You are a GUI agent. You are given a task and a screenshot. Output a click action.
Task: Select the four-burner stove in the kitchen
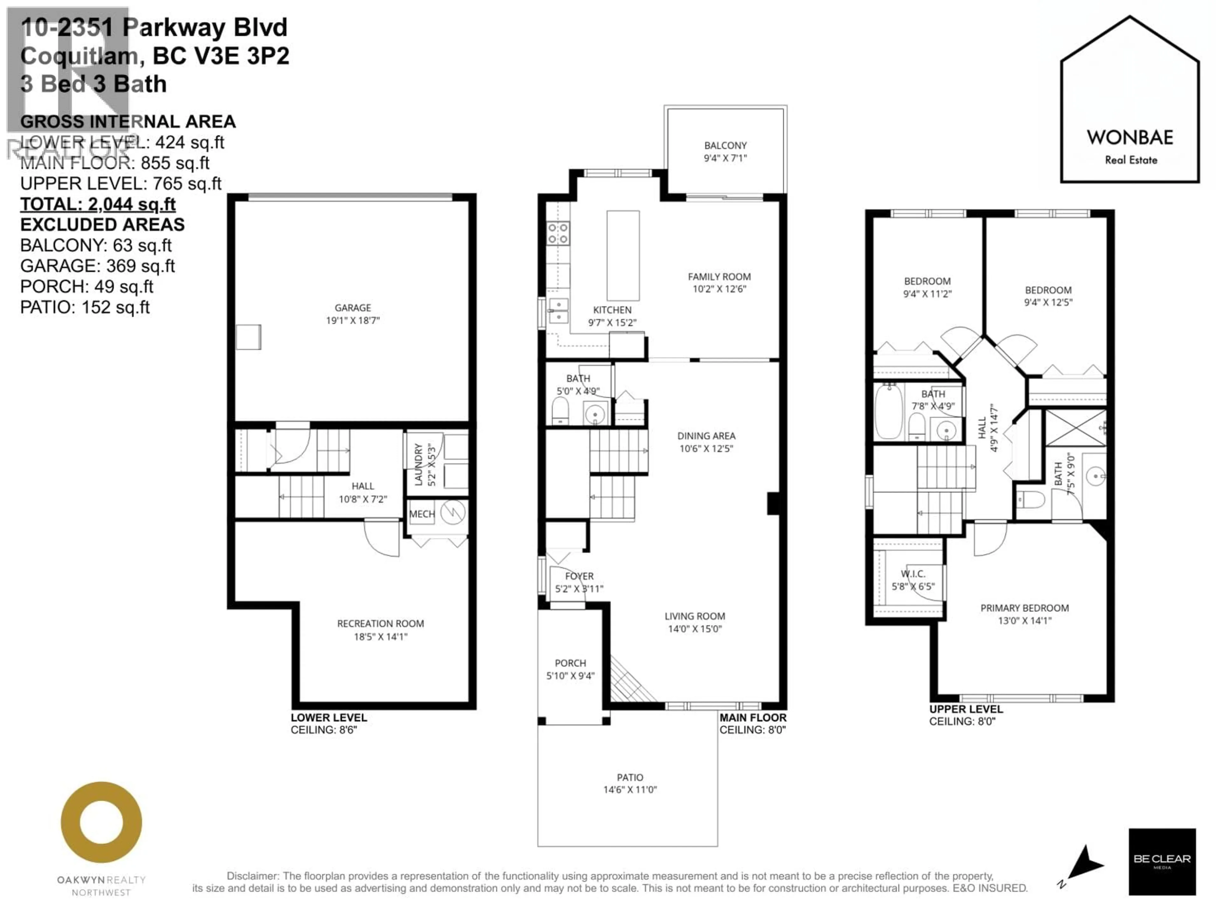click(x=558, y=233)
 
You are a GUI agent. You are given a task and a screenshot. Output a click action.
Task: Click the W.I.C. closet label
click(x=913, y=574)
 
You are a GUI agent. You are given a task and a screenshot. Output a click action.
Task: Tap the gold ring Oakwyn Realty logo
click(x=101, y=822)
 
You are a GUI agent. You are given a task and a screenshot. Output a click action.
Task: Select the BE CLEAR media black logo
click(x=1162, y=861)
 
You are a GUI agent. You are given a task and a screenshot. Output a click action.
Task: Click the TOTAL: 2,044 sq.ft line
click(x=98, y=204)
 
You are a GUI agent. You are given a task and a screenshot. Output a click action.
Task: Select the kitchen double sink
click(x=558, y=311)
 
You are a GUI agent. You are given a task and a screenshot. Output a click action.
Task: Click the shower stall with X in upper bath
click(x=1075, y=427)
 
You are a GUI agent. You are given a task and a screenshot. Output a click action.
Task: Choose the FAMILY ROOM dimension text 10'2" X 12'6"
click(x=719, y=289)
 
